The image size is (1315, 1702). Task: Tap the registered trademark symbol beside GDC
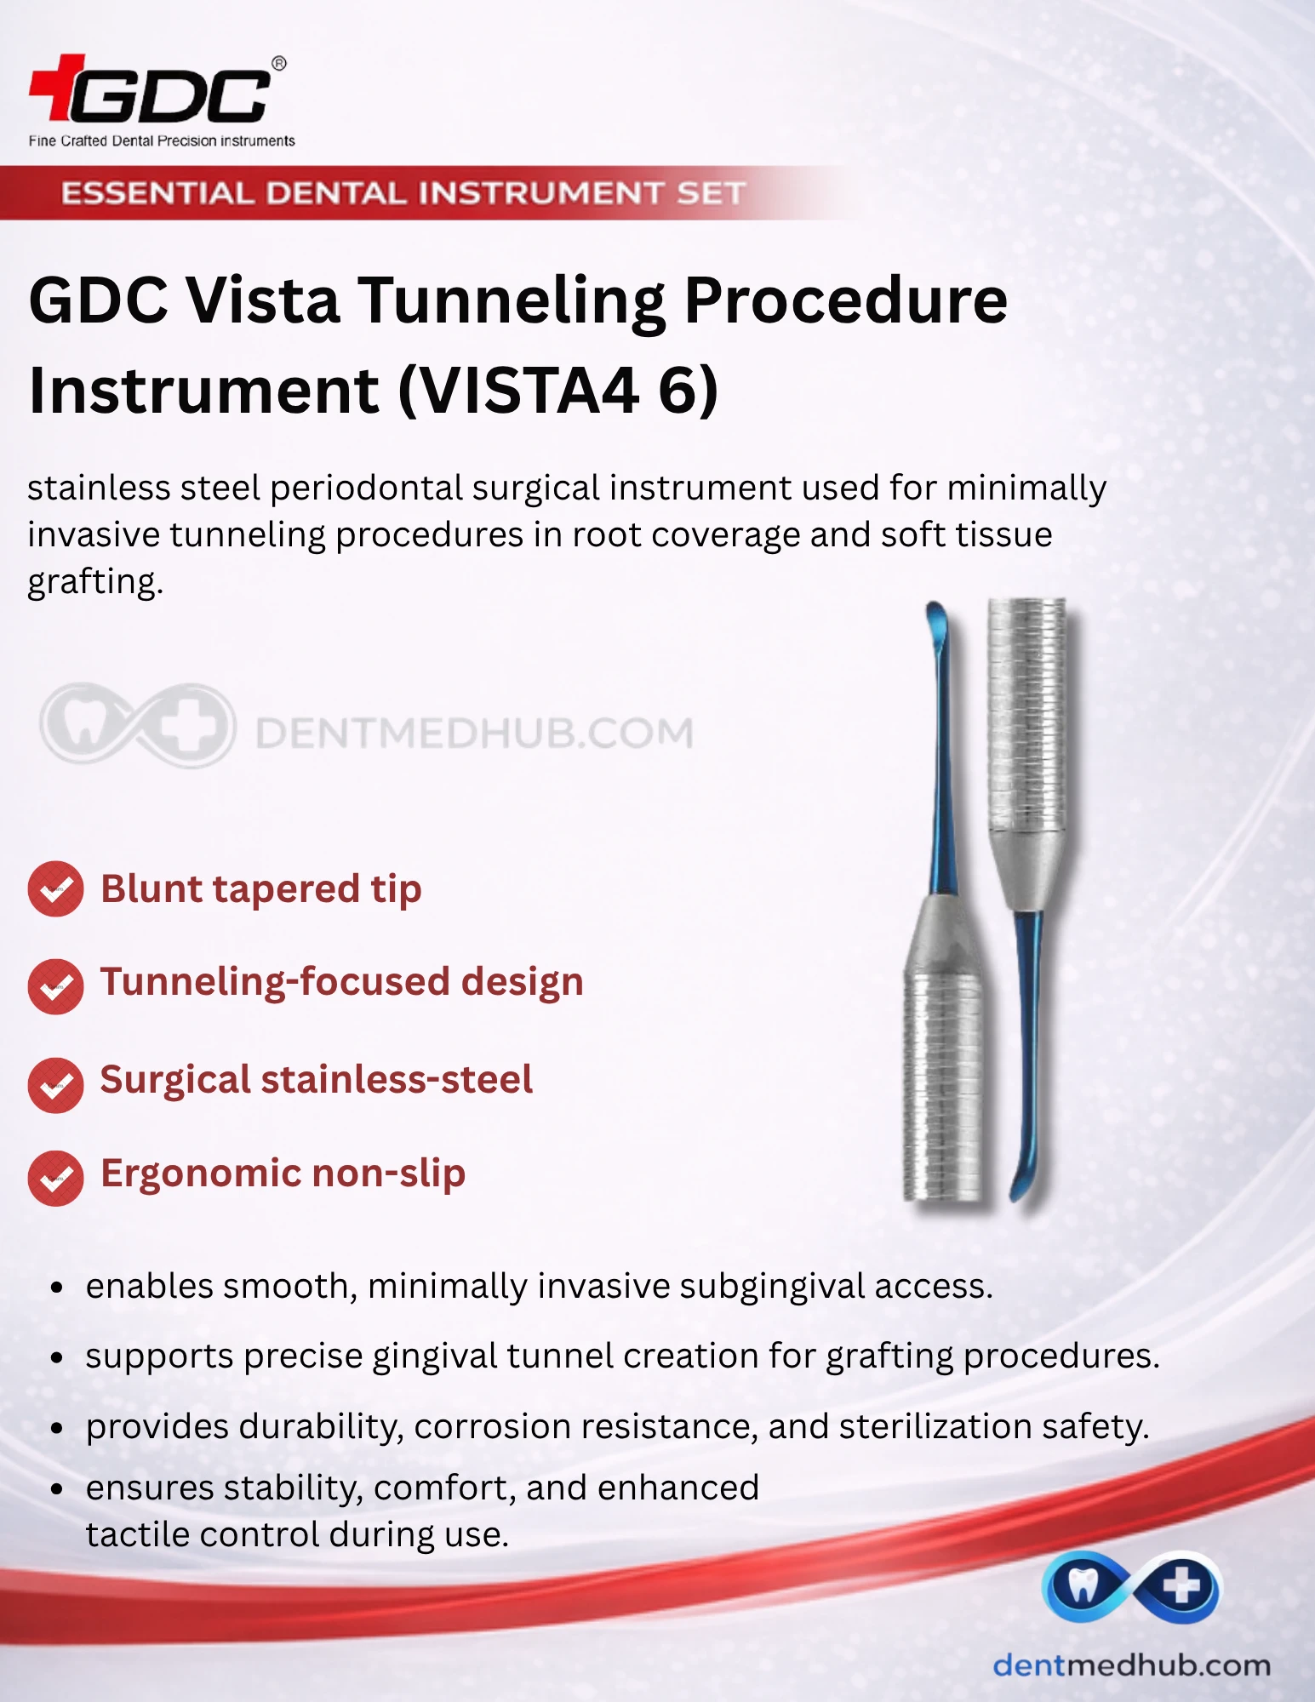(x=278, y=64)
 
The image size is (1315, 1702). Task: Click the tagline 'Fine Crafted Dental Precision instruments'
(x=162, y=140)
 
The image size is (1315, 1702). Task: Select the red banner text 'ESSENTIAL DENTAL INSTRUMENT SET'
(x=403, y=193)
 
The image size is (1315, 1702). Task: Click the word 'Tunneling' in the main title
(x=512, y=302)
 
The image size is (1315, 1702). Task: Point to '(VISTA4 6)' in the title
(x=558, y=391)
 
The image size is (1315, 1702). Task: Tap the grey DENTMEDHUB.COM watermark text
(x=474, y=733)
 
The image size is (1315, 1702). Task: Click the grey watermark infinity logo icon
(x=137, y=725)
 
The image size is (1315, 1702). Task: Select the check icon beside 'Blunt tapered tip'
(x=55, y=889)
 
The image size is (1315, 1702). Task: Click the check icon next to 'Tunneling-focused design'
(x=55, y=986)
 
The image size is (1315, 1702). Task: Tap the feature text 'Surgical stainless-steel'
(x=317, y=1079)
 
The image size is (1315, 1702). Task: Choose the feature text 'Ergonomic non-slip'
(x=283, y=1174)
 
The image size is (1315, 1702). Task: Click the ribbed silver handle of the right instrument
(x=1027, y=715)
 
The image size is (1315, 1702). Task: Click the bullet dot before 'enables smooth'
(x=57, y=1288)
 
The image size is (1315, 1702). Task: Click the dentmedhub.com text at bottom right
(x=1131, y=1665)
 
